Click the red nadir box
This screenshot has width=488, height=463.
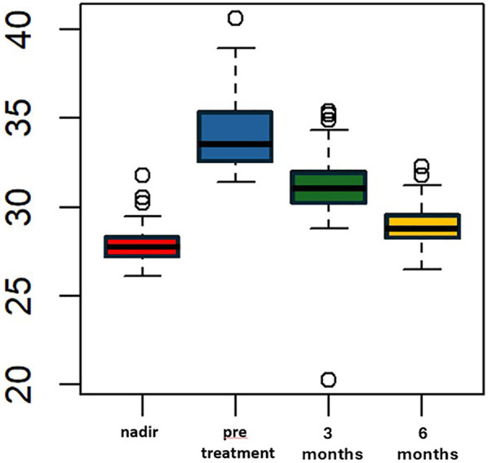tap(142, 247)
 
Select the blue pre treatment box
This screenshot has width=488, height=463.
tap(235, 136)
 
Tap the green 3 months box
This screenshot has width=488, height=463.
tap(328, 187)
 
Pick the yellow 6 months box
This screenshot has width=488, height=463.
tap(423, 226)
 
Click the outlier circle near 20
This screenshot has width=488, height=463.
tap(329, 380)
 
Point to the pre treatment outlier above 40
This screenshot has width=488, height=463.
tap(236, 18)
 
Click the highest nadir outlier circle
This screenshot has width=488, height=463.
tap(143, 175)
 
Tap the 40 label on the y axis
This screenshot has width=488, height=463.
tap(20, 30)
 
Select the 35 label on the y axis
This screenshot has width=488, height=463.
tap(20, 118)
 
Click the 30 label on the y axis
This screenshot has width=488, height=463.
tap(20, 207)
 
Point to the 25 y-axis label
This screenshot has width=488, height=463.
tap(20, 296)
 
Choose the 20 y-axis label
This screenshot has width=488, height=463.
tap(20, 385)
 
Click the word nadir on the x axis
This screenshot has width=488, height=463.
tap(140, 432)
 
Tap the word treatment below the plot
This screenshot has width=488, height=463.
tap(238, 453)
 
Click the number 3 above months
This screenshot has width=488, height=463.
tap(327, 433)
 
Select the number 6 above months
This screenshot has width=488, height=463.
tap(423, 433)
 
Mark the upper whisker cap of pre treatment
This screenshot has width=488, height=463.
tap(236, 48)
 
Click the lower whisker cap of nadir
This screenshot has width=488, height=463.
tap(143, 276)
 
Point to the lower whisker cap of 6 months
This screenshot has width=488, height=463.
tap(422, 269)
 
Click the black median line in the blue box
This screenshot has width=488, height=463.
tap(235, 144)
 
